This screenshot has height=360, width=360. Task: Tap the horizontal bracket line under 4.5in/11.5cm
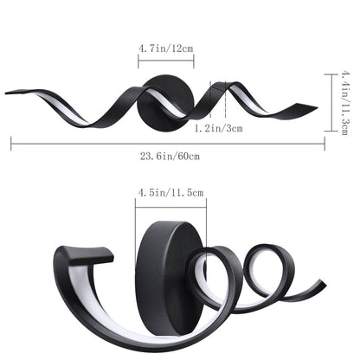pos(169,206)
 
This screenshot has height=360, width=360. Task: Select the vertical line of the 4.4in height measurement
pos(328,101)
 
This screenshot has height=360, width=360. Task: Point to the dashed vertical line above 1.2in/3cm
pos(224,102)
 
